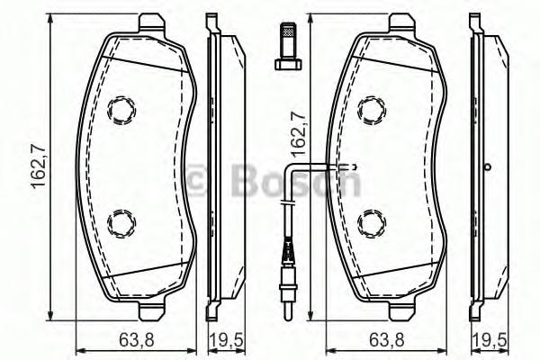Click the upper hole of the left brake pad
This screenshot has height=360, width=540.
(120, 111)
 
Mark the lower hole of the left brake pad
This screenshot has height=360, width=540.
(120, 221)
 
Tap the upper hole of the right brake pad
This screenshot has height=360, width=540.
(370, 111)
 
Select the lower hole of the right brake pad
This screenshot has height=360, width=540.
(370, 221)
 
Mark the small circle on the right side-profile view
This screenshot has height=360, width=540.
(487, 166)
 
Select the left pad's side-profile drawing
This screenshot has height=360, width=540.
(220, 166)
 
